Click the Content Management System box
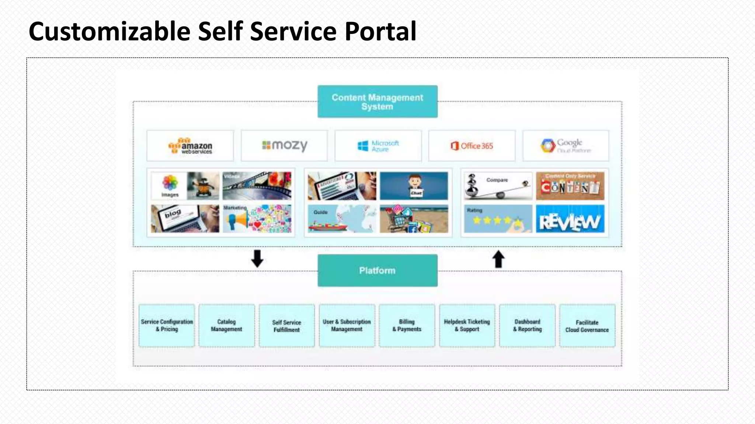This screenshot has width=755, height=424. pos(377,102)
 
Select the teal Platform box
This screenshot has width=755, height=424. pos(377,271)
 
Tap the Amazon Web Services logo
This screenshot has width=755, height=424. pos(190,146)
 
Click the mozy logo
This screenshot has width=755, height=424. pos(284,146)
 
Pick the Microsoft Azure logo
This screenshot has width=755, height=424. pos(378,146)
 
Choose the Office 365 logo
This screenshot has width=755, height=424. pos(472,146)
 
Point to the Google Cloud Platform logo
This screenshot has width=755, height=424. pos(566,146)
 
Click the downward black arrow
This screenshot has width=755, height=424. pos(257,258)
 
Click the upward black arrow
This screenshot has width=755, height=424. pos(498,259)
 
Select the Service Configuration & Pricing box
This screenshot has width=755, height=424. pos(167,325)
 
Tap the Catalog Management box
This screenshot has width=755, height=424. pos(227,325)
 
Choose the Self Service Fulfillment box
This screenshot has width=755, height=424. pos(287,325)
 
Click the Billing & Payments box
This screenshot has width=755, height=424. pos(407,325)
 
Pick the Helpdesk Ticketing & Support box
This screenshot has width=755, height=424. pos(467,325)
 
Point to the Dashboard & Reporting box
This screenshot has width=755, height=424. pos(527,325)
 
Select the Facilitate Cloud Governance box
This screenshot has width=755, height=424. pos(587,325)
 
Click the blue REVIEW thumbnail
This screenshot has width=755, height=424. pos(570,219)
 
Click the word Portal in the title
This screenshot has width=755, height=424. pos(380,31)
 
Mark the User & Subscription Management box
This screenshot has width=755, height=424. pos(347,325)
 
